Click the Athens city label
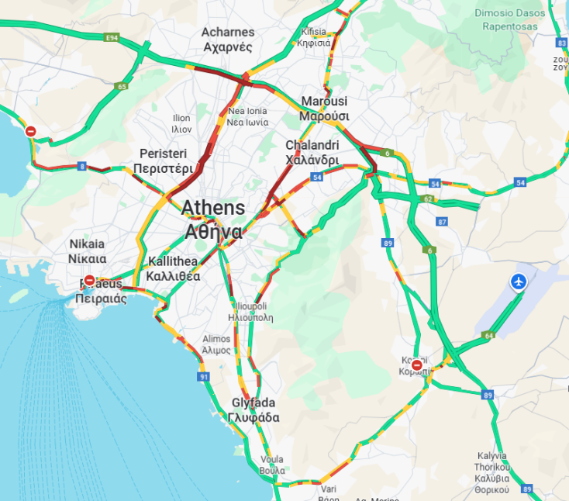click(213, 219)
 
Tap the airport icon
click(519, 282)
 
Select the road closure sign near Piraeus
click(90, 281)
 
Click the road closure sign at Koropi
click(417, 365)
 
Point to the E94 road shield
click(112, 37)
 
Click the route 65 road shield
click(122, 87)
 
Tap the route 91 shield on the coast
click(204, 377)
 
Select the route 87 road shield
click(442, 222)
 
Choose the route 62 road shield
click(427, 199)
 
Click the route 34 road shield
click(435, 184)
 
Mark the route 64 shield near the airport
click(488, 336)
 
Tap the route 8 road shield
click(82, 166)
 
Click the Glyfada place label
click(254, 410)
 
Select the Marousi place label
click(325, 109)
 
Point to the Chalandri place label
click(312, 153)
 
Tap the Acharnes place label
click(227, 39)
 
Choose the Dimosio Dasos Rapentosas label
click(509, 19)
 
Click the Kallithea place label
click(173, 268)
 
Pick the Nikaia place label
click(87, 251)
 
